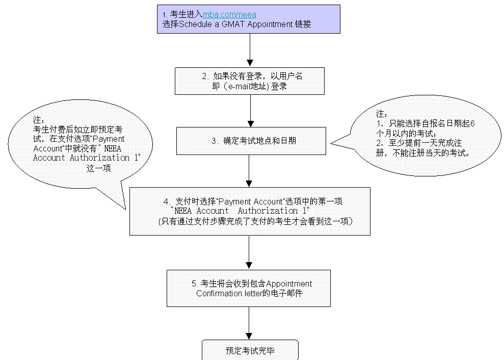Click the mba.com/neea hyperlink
click(x=229, y=15)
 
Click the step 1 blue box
click(x=306, y=19)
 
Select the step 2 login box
click(x=250, y=81)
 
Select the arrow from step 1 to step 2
click(x=250, y=50)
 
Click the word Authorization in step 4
click(x=273, y=211)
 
